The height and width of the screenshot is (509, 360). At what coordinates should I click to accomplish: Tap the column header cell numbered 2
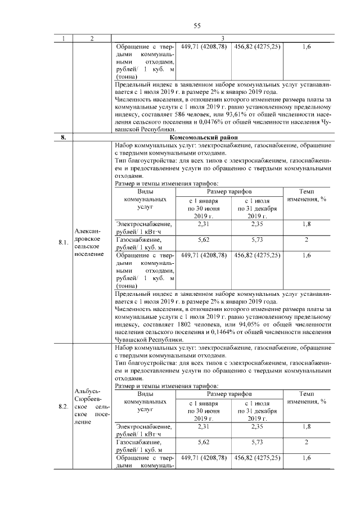click(x=92, y=38)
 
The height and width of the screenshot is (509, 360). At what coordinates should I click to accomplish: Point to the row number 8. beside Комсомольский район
click(x=64, y=137)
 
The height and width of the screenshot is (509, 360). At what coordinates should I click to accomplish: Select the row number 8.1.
click(x=64, y=242)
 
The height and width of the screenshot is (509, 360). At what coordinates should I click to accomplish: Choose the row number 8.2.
click(x=64, y=406)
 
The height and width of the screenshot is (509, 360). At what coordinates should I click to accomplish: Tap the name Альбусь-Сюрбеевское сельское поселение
click(x=92, y=406)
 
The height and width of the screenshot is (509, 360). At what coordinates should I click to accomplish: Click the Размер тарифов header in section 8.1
click(x=230, y=191)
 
